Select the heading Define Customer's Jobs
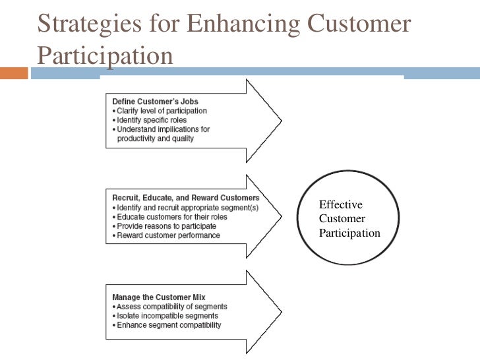155,102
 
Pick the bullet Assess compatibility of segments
169,306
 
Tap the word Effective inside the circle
336,205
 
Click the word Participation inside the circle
349,233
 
